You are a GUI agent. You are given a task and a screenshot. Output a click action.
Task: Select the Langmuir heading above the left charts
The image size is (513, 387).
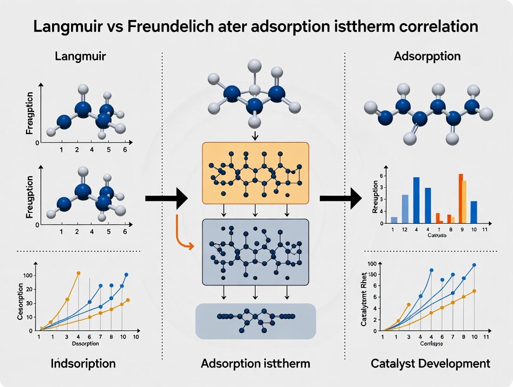(80, 57)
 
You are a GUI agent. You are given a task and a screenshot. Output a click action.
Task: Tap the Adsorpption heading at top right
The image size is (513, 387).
(427, 57)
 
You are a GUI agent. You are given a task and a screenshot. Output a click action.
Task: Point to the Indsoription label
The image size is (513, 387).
(83, 363)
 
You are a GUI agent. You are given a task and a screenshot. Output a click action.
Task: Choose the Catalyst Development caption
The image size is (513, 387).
(430, 363)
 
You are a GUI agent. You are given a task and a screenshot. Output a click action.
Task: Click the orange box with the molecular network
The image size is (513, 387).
(255, 173)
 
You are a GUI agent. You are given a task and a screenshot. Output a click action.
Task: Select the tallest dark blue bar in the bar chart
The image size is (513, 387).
(416, 200)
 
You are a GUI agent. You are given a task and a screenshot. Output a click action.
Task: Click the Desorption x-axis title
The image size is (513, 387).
(85, 344)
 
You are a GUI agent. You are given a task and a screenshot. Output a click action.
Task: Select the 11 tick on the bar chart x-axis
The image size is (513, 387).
(485, 229)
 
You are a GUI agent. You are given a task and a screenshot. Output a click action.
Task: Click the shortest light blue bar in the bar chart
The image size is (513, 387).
(394, 220)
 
